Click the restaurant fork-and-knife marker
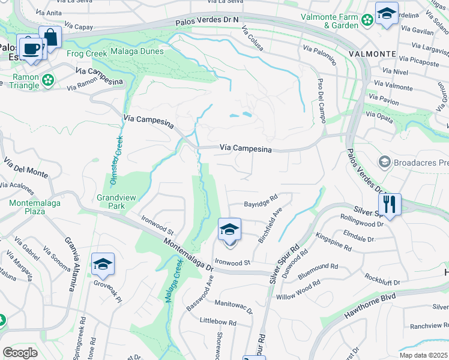[390, 205]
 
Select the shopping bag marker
[50, 38]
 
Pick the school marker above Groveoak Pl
[103, 265]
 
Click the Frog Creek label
[86, 53]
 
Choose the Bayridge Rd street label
[261, 205]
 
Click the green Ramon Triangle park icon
[47, 79]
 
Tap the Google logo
[20, 352]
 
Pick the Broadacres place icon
[384, 162]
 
